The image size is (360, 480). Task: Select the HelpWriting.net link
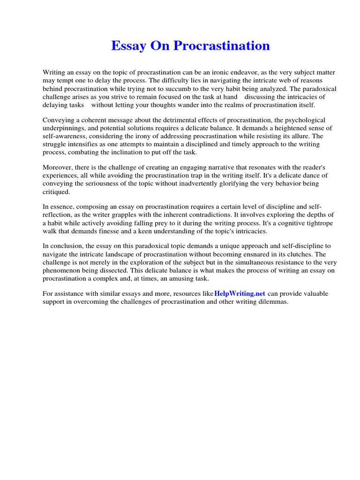(x=240, y=293)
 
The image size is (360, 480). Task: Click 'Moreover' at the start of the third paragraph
(x=58, y=167)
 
